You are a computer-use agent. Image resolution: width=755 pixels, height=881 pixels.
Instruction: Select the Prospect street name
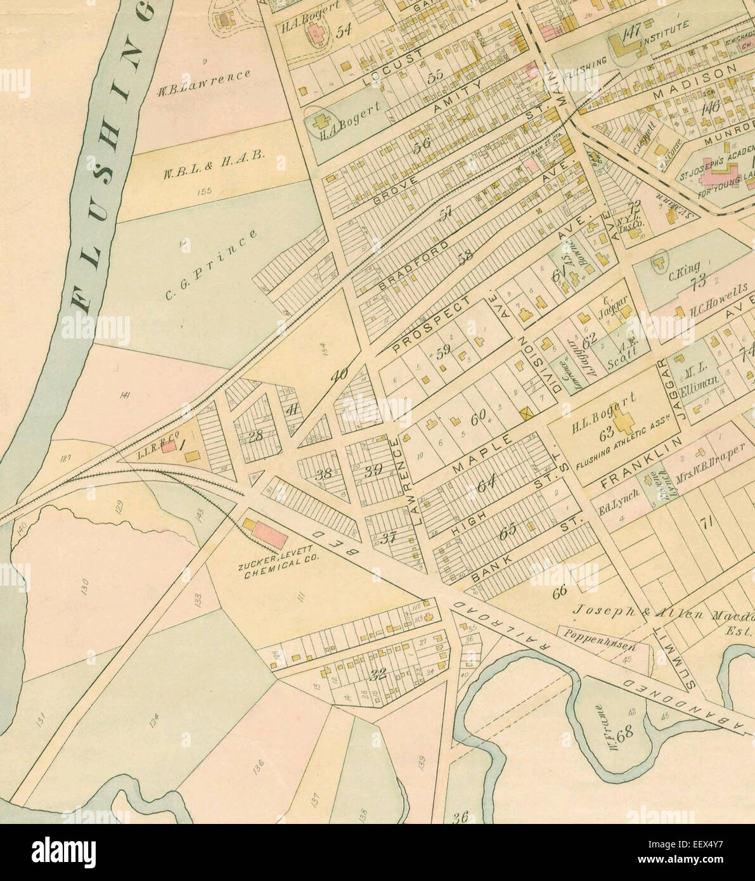tap(433, 323)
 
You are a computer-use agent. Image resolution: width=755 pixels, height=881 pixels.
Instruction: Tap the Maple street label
tap(482, 454)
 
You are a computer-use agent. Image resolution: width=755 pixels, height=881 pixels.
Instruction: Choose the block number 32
tap(378, 674)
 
